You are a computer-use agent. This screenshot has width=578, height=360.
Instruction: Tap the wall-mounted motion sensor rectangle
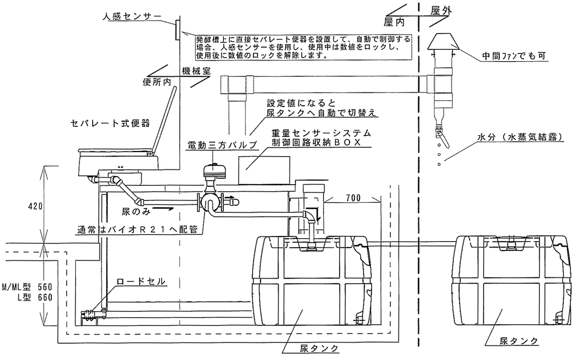pos(175,29)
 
